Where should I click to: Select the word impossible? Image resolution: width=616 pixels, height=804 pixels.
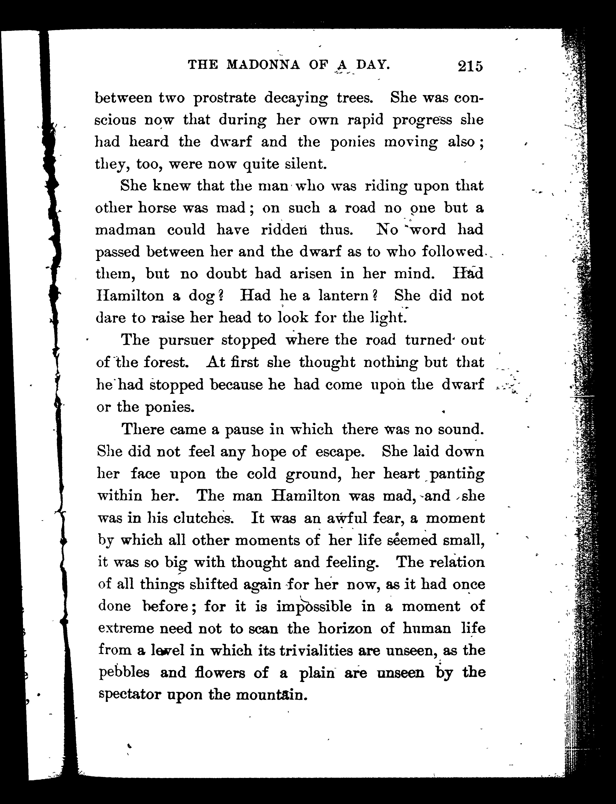point(314,606)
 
